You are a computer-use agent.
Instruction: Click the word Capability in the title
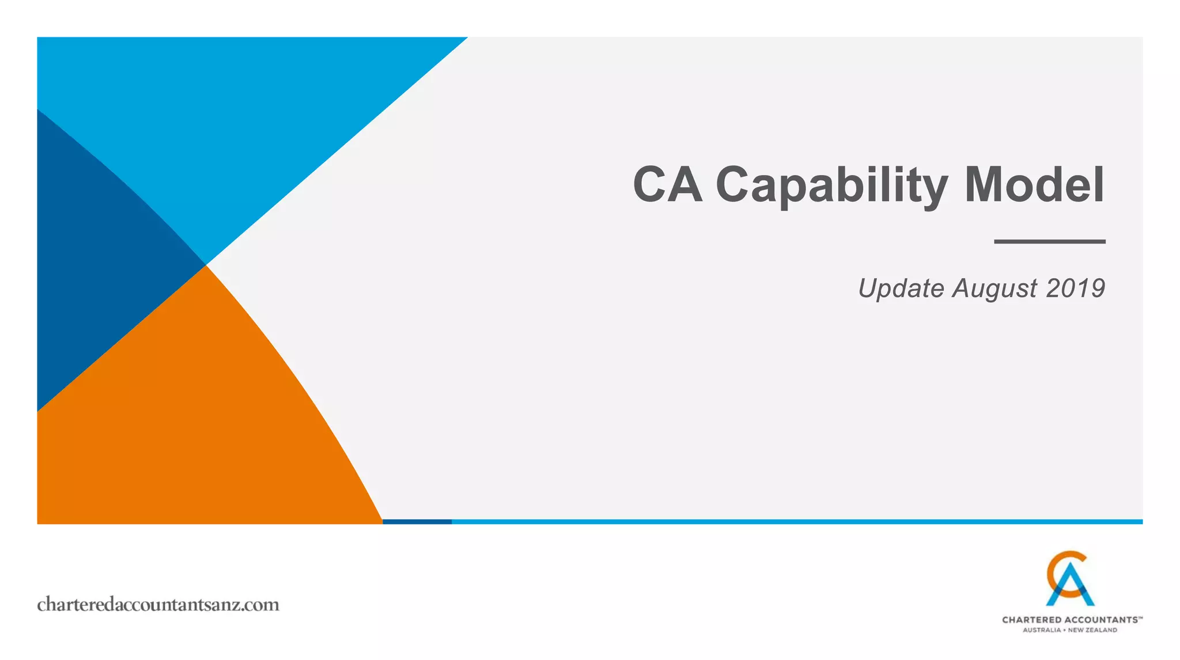[831, 185]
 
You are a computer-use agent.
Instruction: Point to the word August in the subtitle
[994, 288]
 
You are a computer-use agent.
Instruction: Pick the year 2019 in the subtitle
[1075, 288]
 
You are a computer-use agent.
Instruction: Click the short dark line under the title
[1049, 241]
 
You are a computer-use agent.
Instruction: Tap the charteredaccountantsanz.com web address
[158, 605]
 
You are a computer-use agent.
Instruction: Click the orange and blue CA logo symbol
[1069, 579]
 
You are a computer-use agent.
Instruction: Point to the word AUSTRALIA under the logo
[1042, 630]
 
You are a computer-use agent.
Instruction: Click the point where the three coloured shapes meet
[206, 265]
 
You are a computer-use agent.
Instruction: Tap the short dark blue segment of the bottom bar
[417, 522]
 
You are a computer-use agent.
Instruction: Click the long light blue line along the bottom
[795, 522]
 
